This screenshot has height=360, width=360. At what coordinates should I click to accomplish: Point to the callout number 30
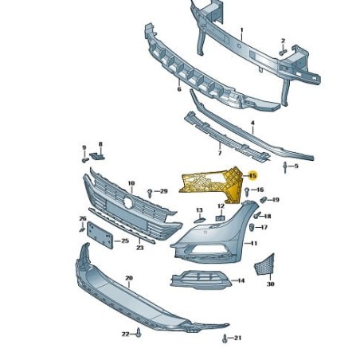[x=270, y=284]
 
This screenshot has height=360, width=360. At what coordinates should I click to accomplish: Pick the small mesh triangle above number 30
[x=270, y=263]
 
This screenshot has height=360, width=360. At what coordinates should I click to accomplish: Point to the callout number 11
[x=254, y=242]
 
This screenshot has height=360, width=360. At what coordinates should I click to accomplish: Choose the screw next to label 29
[x=150, y=192]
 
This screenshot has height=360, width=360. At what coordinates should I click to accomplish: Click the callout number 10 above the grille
[x=131, y=182]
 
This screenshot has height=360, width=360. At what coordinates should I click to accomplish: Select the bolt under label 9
[x=84, y=159]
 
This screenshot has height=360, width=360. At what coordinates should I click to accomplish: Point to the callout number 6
[x=180, y=90]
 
